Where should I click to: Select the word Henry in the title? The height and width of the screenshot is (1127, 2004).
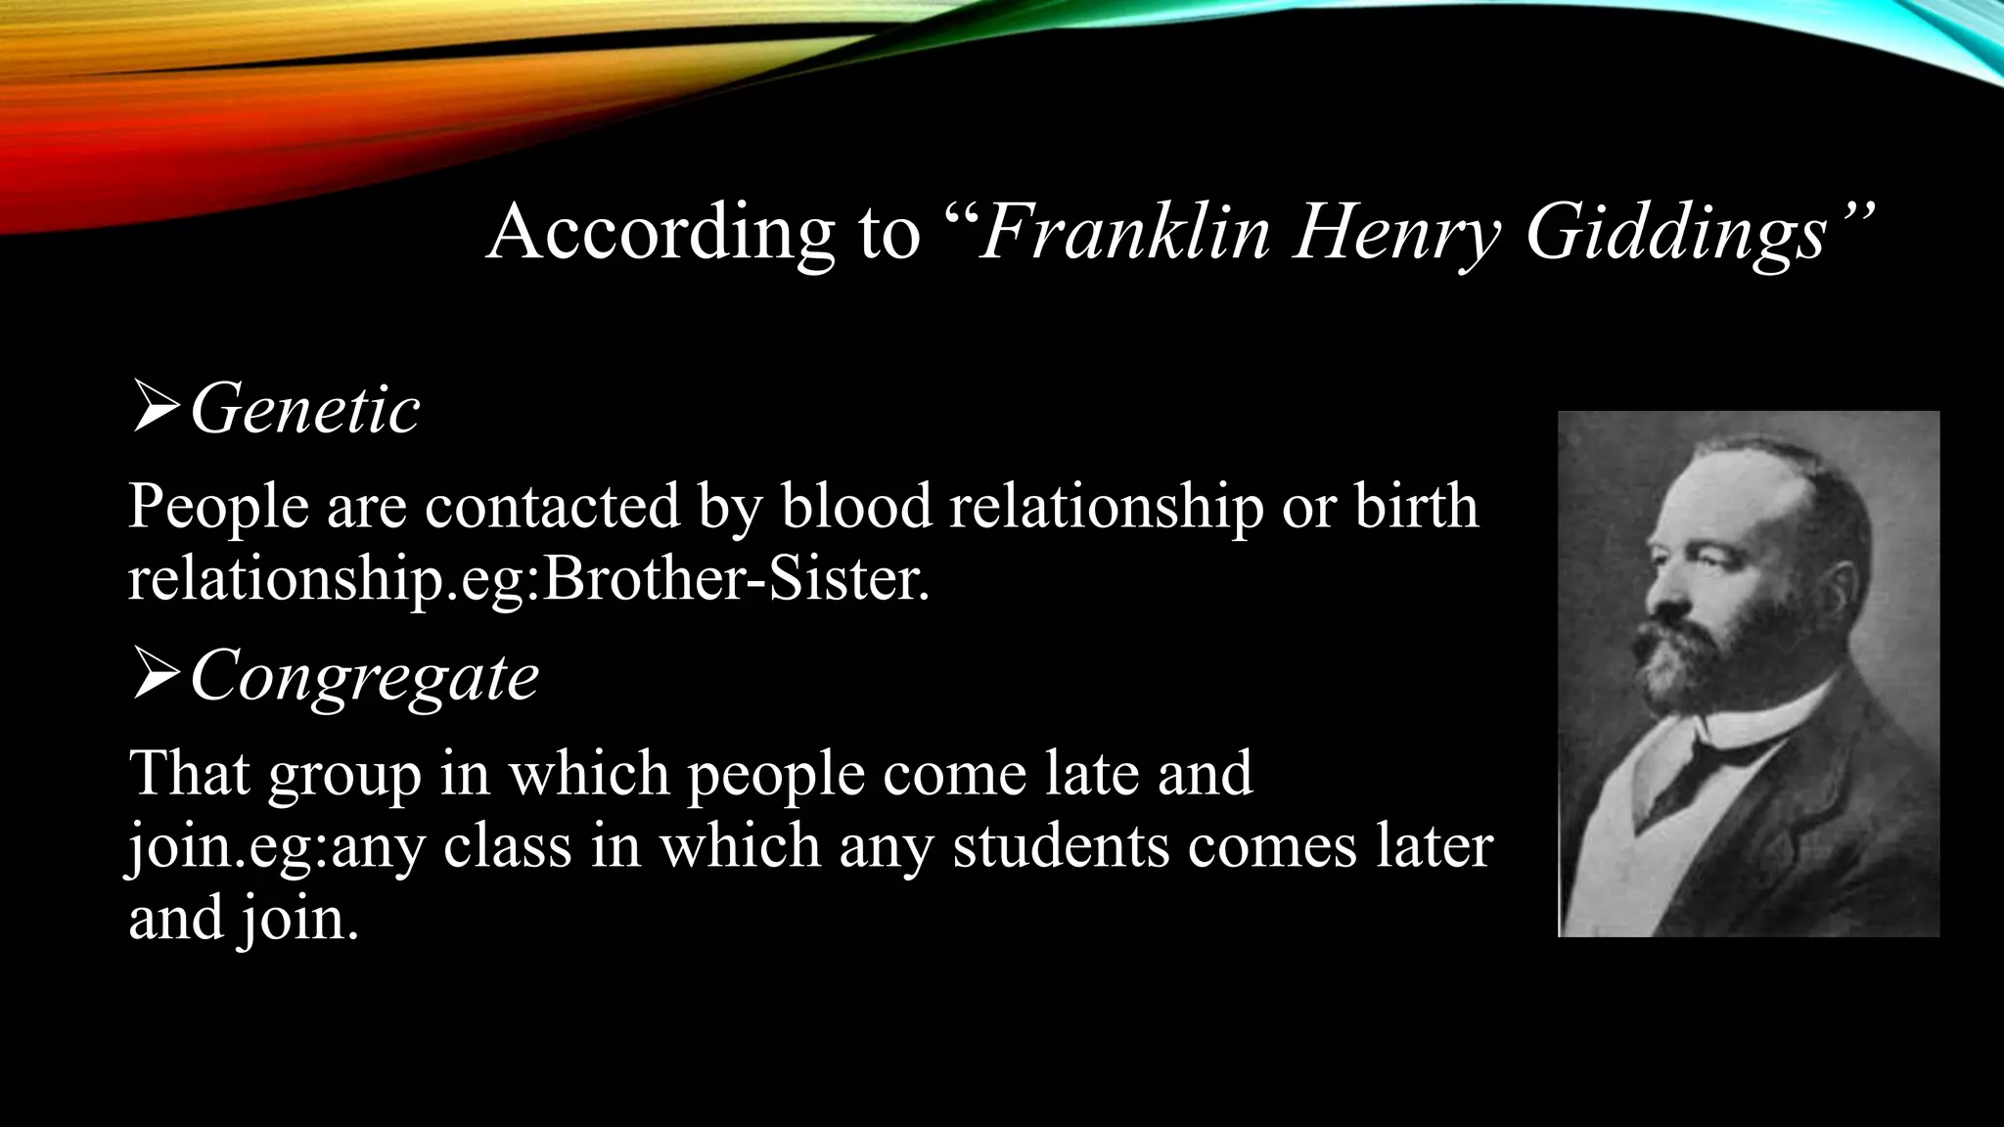(1395, 235)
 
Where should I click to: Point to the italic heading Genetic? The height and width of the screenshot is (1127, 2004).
(304, 409)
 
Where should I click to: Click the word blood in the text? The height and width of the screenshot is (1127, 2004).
(856, 507)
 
